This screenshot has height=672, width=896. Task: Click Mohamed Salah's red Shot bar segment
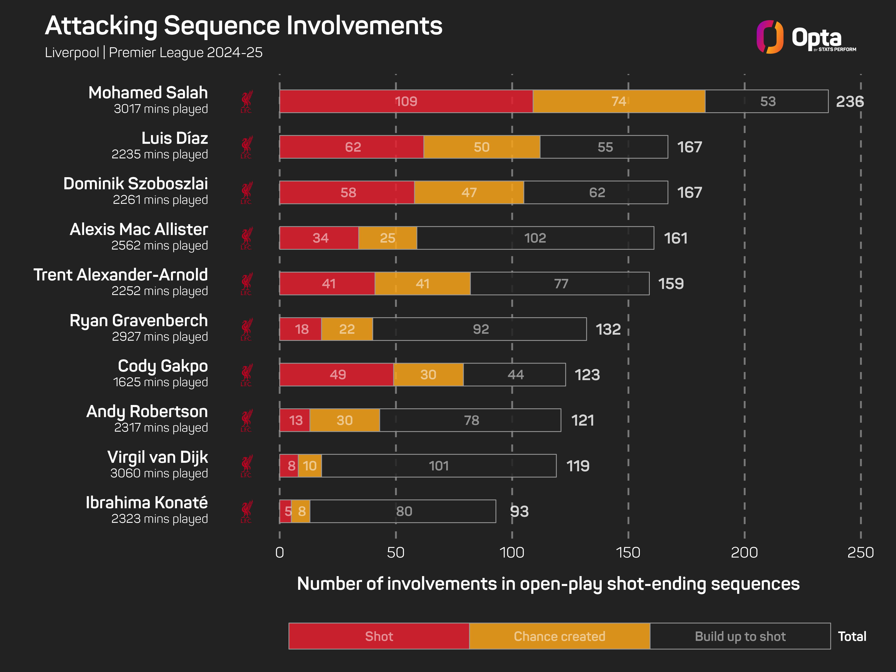(406, 101)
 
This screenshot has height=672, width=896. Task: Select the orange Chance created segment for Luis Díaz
(482, 147)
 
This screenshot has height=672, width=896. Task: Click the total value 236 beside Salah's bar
(850, 101)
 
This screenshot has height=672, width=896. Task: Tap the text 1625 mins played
(160, 382)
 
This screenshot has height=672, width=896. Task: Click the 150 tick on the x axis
(628, 553)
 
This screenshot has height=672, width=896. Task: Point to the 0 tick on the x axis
(280, 553)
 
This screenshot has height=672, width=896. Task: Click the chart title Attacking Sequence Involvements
(243, 26)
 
